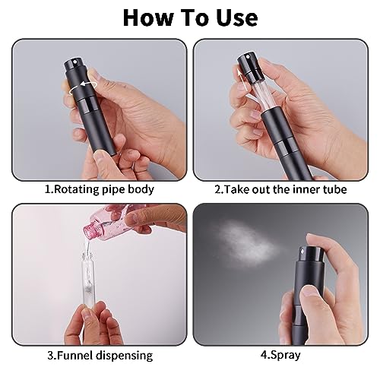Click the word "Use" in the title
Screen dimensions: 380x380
pyautogui.click(x=237, y=17)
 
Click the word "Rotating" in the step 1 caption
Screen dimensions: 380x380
pyautogui.click(x=77, y=189)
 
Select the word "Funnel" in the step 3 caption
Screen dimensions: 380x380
pyautogui.click(x=74, y=355)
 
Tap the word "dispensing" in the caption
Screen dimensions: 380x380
pyautogui.click(x=124, y=356)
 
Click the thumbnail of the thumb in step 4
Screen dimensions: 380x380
pyautogui.click(x=310, y=291)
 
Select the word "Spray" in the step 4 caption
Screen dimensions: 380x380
pyautogui.click(x=286, y=355)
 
